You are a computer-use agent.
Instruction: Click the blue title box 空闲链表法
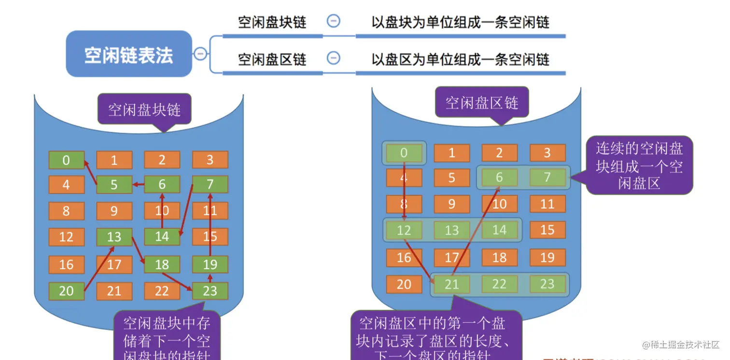[129, 54]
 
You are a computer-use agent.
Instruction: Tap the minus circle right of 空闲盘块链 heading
[333, 21]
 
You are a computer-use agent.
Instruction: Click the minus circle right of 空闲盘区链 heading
[333, 58]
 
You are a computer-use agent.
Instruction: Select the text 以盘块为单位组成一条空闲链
[460, 22]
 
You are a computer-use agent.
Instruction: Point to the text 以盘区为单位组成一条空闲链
[460, 59]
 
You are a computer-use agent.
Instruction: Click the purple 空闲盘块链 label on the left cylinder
[144, 110]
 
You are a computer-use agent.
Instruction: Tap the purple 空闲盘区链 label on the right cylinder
[481, 103]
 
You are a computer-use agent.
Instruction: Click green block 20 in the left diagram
[66, 291]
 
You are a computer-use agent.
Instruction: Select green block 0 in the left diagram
[66, 160]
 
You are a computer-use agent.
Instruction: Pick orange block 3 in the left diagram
[210, 160]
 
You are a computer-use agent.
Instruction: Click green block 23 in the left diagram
[210, 291]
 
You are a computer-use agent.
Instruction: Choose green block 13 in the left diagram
[114, 237]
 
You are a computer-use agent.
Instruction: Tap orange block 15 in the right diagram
[547, 230]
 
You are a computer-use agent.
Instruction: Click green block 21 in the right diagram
[451, 284]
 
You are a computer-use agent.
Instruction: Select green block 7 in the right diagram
[547, 177]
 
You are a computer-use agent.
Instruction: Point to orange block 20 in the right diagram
[404, 284]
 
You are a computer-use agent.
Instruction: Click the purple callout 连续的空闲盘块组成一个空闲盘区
[639, 166]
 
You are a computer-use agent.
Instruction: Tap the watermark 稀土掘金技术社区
[681, 345]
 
